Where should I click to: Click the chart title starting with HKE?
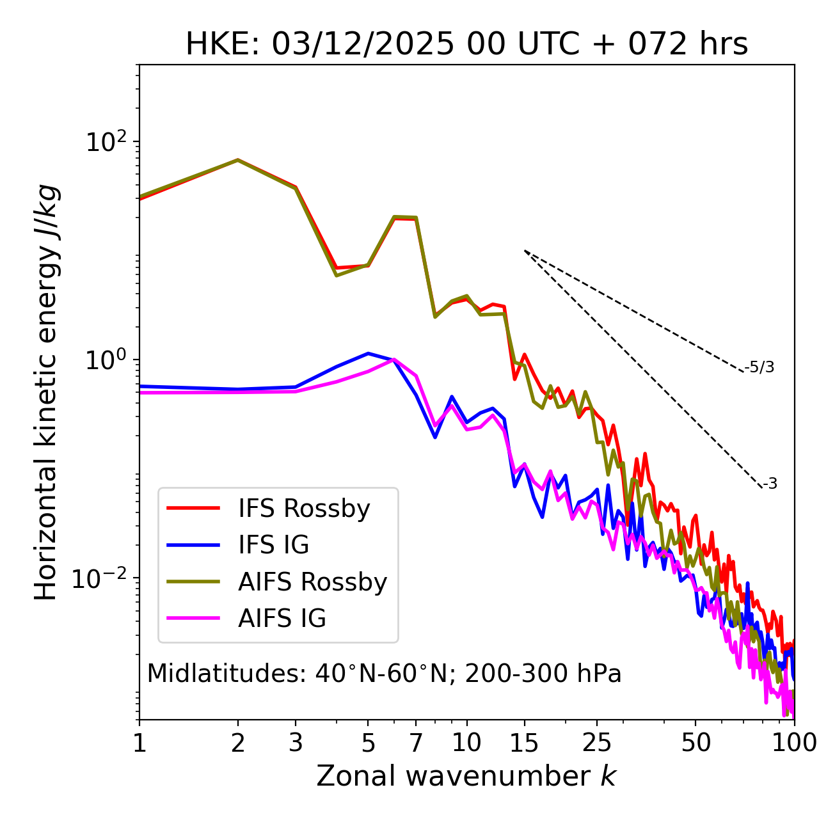click(x=466, y=45)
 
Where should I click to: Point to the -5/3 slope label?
click(x=759, y=367)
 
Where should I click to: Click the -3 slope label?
click(x=770, y=484)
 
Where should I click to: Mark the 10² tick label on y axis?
click(x=106, y=141)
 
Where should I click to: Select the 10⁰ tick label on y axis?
click(x=106, y=360)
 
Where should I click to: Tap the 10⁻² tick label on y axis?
click(x=102, y=578)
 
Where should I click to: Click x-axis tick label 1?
click(x=139, y=743)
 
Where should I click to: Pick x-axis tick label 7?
click(x=416, y=743)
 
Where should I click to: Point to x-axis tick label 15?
click(x=525, y=743)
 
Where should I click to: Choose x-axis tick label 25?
click(x=597, y=743)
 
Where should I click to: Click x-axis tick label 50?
click(x=696, y=743)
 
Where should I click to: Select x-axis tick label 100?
click(x=794, y=743)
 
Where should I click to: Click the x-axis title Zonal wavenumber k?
click(x=466, y=776)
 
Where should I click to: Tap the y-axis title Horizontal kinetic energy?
click(x=46, y=392)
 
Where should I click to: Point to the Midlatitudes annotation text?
click(x=384, y=674)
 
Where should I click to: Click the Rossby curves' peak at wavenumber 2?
click(x=238, y=160)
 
